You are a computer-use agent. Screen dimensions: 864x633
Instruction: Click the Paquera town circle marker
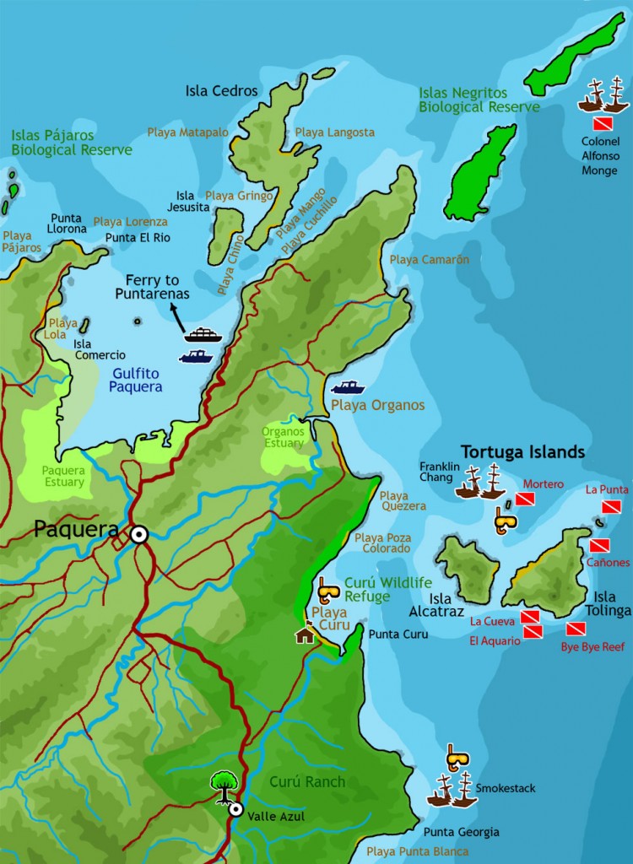click(138, 533)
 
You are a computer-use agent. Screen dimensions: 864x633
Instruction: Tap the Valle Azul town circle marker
click(236, 809)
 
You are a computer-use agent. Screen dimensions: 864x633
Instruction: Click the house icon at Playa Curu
click(304, 634)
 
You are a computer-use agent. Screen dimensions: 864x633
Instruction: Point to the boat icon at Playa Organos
click(348, 388)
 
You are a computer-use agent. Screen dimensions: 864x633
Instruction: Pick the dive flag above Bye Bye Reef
click(576, 629)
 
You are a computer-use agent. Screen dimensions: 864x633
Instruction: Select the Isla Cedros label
click(222, 90)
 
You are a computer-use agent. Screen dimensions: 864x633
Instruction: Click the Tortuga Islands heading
click(522, 452)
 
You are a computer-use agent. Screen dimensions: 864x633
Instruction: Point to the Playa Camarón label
click(430, 260)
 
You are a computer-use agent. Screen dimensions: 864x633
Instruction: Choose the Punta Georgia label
click(461, 832)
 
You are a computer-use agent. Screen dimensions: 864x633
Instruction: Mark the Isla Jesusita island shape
click(226, 232)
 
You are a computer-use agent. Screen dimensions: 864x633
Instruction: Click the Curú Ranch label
click(307, 781)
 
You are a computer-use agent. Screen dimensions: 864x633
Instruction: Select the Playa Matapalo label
click(187, 132)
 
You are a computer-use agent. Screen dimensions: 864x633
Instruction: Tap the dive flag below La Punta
click(611, 506)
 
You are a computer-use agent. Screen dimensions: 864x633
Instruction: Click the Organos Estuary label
click(283, 437)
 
